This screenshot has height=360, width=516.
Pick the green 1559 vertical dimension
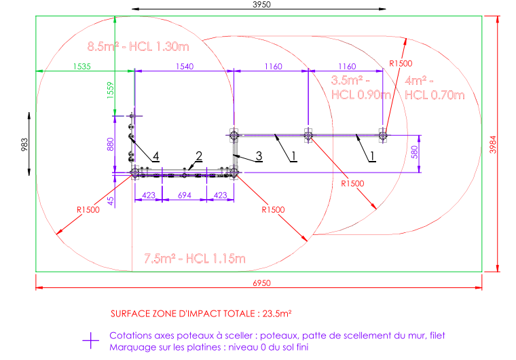pos(111,88)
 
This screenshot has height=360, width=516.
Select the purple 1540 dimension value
pos(185,67)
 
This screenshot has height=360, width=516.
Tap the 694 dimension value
pos(185,196)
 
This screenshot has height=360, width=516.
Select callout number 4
pos(155,158)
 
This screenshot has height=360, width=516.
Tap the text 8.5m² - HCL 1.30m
pos(138,47)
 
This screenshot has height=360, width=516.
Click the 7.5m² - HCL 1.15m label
pos(194,258)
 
